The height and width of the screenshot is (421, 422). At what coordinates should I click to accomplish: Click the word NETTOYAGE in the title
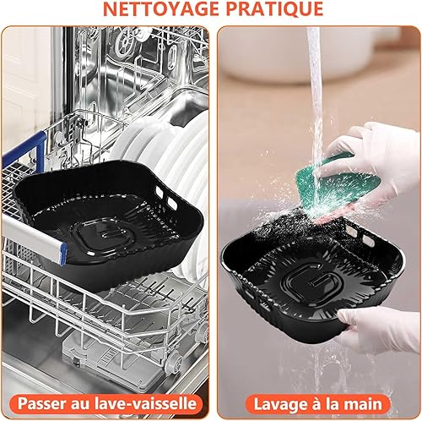click(x=162, y=9)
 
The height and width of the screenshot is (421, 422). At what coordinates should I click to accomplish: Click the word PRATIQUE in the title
click(x=274, y=9)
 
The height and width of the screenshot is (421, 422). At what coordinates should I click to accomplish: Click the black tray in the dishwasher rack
click(x=108, y=222)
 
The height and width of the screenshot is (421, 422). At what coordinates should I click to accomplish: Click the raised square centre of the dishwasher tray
click(x=105, y=234)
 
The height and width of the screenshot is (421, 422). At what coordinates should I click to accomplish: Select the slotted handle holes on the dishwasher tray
click(x=166, y=198)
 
